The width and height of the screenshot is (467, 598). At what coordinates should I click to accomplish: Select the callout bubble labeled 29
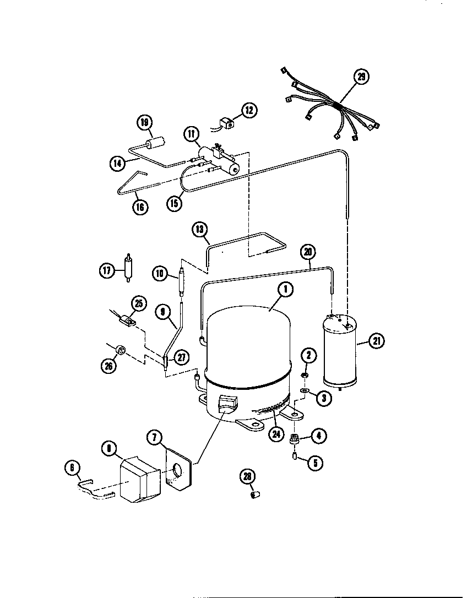(x=361, y=77)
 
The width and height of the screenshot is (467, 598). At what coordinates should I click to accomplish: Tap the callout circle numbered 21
(x=376, y=341)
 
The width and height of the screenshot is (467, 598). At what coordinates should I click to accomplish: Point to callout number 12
(x=248, y=110)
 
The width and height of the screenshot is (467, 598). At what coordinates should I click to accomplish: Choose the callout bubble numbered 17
(x=106, y=270)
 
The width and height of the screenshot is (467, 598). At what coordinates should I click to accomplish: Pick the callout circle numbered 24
(x=275, y=433)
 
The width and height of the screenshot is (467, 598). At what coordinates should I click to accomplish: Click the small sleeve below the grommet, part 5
(x=295, y=456)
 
